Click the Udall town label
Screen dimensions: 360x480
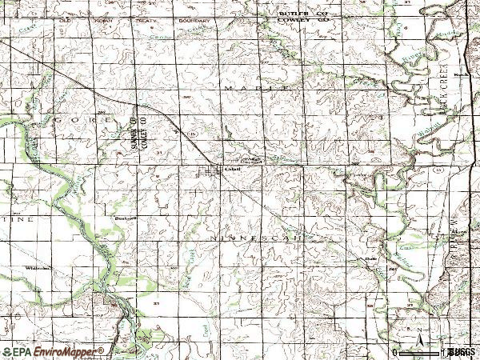tap(233, 169)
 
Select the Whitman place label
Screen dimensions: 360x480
tap(36, 267)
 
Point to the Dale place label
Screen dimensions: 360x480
tap(370, 258)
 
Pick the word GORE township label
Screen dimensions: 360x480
tap(70, 118)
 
